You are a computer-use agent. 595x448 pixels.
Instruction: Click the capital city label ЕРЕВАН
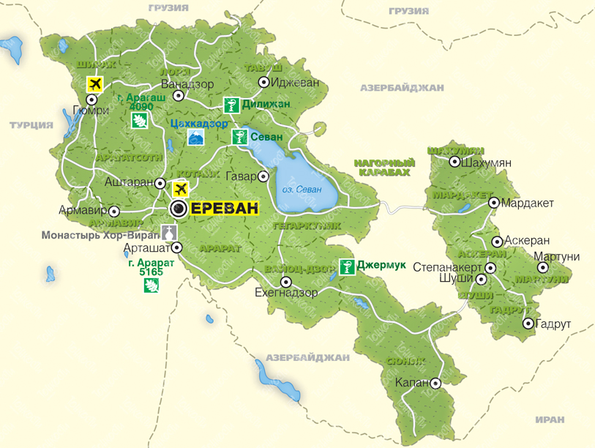[225, 209]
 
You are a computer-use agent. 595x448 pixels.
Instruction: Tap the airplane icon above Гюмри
[94, 83]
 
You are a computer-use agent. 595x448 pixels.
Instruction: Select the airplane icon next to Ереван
[179, 189]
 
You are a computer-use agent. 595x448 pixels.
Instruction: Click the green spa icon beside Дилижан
[231, 105]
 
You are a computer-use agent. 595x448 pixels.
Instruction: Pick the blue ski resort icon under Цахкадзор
[196, 138]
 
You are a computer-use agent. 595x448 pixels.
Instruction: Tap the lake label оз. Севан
[302, 190]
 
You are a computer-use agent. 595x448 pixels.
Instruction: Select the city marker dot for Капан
[435, 383]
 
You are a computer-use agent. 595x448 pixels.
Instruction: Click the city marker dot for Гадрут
[528, 324]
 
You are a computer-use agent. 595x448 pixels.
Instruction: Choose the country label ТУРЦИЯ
[31, 125]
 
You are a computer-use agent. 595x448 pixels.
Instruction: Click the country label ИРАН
[549, 419]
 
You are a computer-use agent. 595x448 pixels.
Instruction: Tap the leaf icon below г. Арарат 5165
[151, 285]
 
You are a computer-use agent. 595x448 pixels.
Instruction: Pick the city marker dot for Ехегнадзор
[286, 281]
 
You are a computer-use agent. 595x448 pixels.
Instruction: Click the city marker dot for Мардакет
[494, 203]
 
